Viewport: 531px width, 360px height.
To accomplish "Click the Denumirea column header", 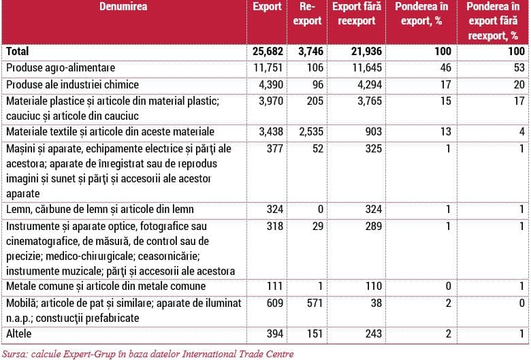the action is pos(123,7).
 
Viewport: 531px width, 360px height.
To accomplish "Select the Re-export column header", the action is pos(307,14).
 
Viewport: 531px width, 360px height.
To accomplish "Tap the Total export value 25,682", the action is pos(268,52).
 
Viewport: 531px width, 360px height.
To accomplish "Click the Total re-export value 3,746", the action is pos(310,52).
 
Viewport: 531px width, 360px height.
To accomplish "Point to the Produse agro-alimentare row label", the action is pos(61,68).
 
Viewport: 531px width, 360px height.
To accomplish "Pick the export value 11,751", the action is pos(268,68).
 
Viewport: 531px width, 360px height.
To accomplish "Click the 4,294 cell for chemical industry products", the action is pos(370,84).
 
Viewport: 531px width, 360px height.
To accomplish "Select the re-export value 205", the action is pos(315,101).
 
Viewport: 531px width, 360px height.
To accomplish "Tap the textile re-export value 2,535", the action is pos(311,131).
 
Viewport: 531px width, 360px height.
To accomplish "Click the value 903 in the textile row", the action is pos(373,131).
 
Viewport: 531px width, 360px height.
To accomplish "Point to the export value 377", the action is pos(274,148).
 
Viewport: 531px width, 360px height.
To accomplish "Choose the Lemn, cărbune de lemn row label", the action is pos(100,210).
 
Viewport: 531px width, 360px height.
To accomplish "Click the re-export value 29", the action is pos(318,226).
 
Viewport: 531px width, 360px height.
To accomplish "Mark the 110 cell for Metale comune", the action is pos(374,287).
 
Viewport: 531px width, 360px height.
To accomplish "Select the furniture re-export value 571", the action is pos(315,303).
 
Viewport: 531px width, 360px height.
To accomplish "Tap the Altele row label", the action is pos(18,333).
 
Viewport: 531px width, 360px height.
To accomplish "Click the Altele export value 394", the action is pos(274,333).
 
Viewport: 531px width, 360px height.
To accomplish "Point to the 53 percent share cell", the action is pos(519,68).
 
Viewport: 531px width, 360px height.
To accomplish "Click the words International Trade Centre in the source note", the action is pos(238,355).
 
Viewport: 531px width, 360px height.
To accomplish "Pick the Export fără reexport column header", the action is pos(357,14).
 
